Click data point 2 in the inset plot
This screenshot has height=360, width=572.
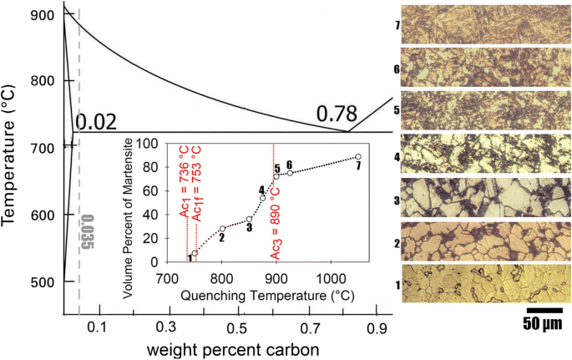tap(222, 229)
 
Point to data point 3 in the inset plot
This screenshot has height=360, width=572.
tap(250, 220)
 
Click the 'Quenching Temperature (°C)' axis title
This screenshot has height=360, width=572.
tap(267, 295)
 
